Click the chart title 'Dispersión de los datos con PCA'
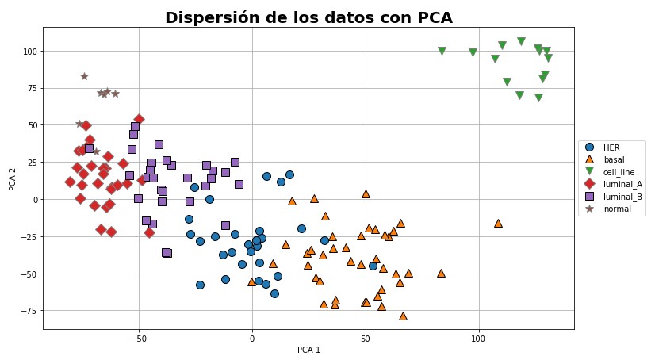[x=308, y=17]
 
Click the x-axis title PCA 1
[x=308, y=350]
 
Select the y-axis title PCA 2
[x=12, y=178]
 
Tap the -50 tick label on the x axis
[x=138, y=338]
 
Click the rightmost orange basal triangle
[x=498, y=223]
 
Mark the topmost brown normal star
[x=84, y=76]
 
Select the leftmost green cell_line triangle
[x=442, y=51]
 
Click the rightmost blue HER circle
[x=373, y=266]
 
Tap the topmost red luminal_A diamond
[x=139, y=119]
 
